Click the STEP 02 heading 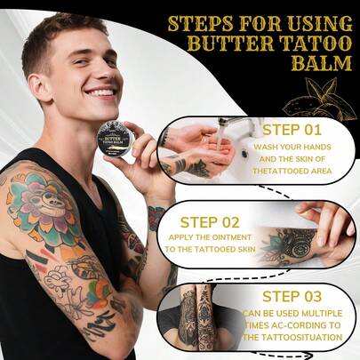point(211,223)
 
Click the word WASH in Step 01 point(265,147)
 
